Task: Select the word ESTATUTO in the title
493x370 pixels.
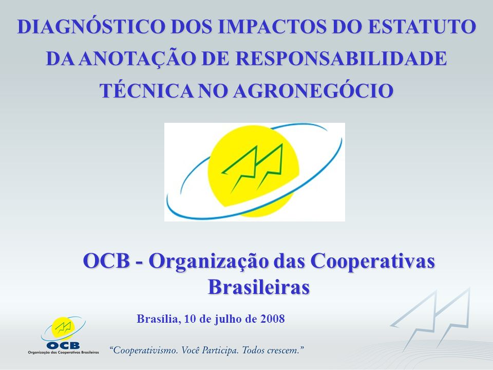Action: coord(421,26)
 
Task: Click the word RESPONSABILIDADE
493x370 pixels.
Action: coord(341,59)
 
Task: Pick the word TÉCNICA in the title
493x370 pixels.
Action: coord(146,90)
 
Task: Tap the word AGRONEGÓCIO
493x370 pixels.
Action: coord(313,90)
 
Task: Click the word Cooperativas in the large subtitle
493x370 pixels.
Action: coord(373,261)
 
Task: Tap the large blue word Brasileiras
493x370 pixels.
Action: coord(259,287)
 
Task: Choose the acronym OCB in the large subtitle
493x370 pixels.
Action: coord(106,261)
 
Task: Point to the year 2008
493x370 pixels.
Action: coord(272,319)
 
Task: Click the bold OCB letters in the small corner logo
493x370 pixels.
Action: coord(63,345)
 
